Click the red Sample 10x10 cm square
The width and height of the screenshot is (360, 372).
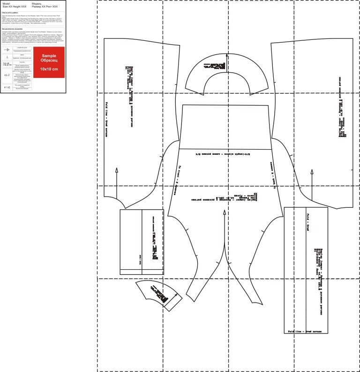tap(49, 62)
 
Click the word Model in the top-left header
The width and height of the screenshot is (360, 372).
tap(6, 3)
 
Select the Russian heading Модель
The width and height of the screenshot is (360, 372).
tap(37, 3)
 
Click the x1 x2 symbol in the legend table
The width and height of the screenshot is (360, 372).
tap(7, 87)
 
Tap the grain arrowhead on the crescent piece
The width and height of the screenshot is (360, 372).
tap(226, 55)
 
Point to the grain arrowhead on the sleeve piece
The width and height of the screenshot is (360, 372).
tap(225, 212)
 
